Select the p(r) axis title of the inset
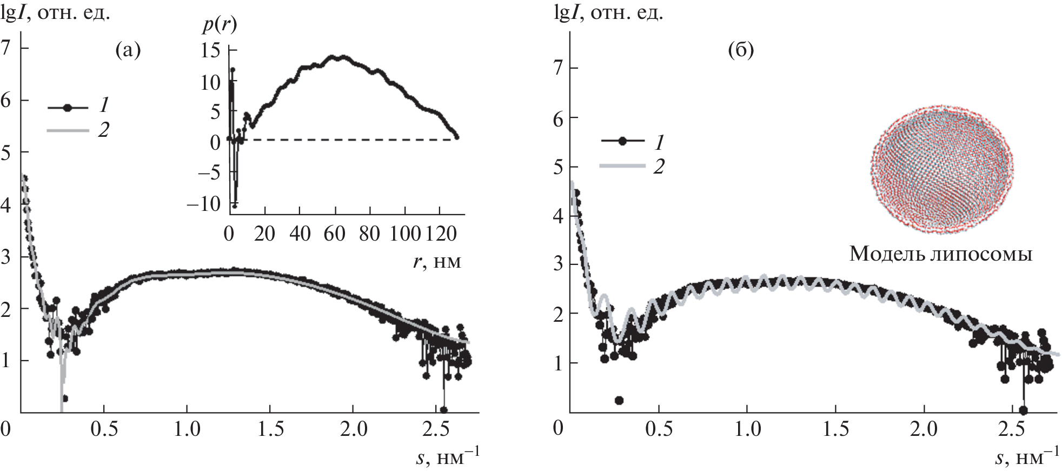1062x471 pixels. click(x=220, y=25)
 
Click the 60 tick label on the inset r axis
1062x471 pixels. click(x=335, y=234)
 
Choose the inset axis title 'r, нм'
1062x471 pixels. click(x=439, y=262)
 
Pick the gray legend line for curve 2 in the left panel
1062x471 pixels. click(x=68, y=130)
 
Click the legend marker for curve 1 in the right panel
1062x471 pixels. click(x=622, y=141)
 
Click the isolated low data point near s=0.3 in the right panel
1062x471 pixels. click(x=619, y=400)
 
